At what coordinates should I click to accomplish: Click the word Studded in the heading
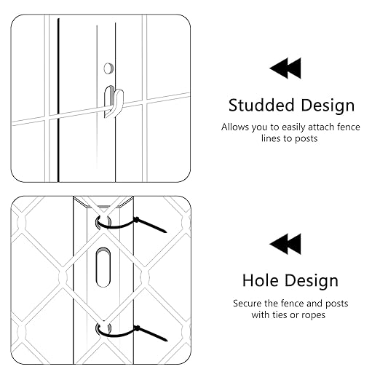261,106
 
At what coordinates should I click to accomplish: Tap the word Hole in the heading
260,280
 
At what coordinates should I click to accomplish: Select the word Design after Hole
312,281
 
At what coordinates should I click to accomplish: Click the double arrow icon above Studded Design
285,68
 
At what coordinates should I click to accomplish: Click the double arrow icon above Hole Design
285,244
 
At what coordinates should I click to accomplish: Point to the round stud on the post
108,68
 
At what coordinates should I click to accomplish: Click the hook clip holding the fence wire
114,102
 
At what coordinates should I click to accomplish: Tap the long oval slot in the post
103,267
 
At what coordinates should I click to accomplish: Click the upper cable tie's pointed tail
151,225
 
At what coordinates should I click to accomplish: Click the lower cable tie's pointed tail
151,333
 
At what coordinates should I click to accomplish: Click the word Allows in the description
235,127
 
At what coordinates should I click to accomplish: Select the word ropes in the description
313,315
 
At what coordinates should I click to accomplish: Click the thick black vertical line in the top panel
58,100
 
